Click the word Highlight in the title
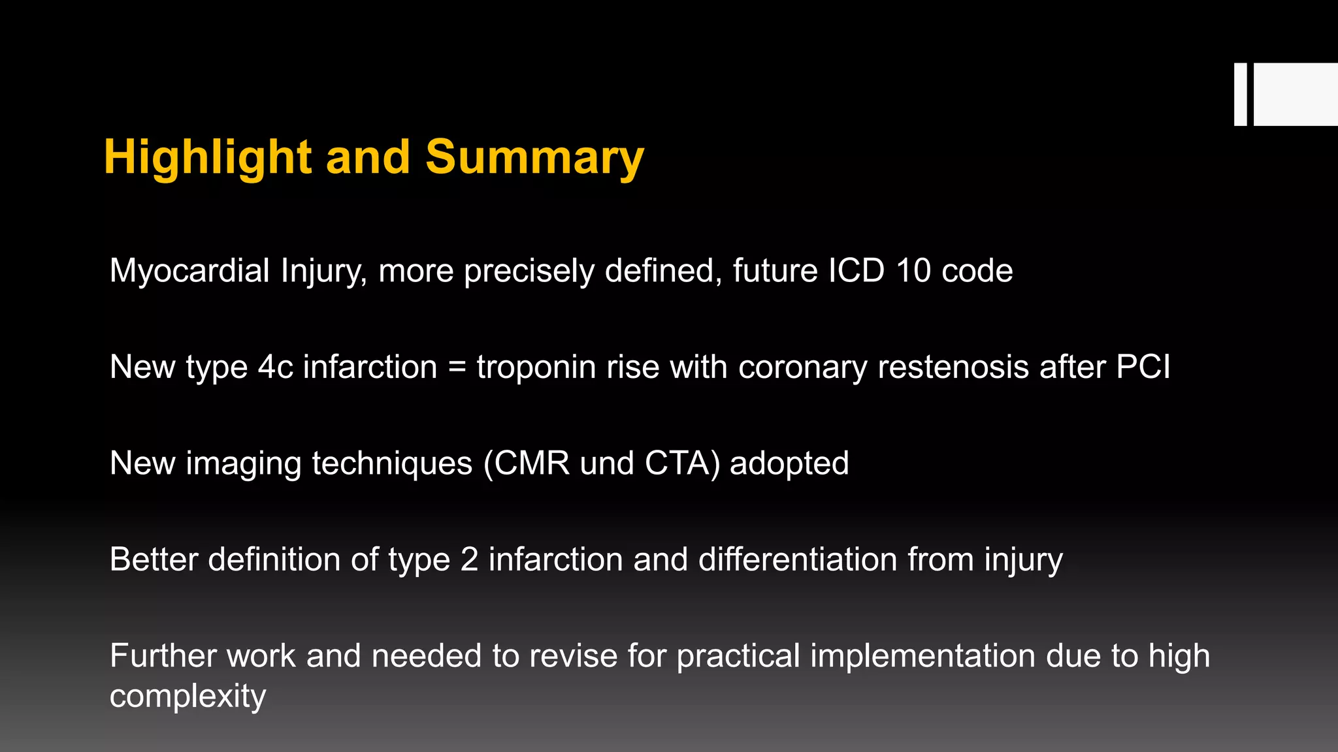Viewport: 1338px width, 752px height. coord(207,157)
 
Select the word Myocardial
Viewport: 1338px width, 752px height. coord(189,270)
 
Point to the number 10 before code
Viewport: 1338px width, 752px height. coord(913,270)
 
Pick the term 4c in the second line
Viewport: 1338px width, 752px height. coord(275,367)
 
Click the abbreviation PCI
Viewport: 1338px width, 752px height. coord(1143,367)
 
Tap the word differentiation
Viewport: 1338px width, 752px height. coord(797,559)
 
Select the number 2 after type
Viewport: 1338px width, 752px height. coord(469,559)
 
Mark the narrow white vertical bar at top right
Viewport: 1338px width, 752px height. coord(1240,94)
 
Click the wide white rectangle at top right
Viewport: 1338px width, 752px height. coord(1296,94)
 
